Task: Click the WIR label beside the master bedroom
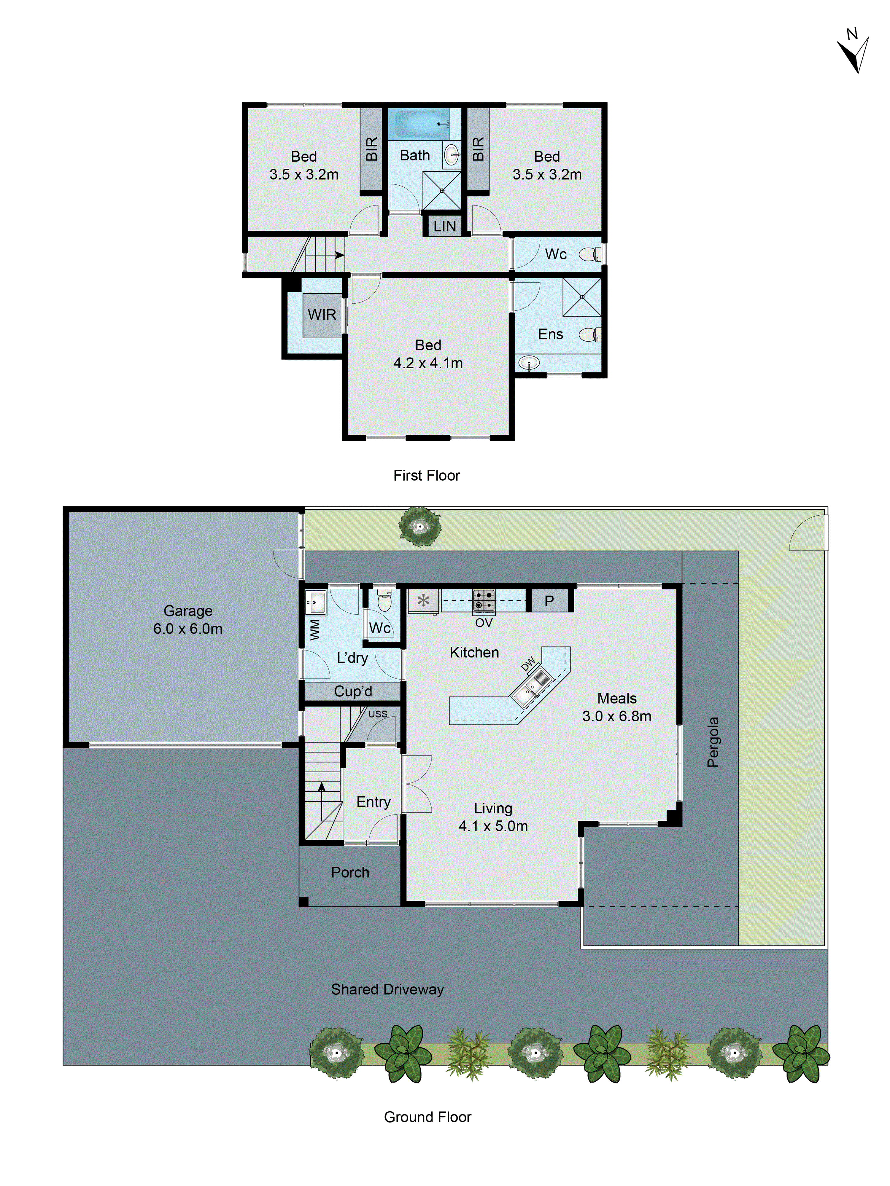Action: point(322,315)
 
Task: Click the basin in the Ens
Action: point(529,363)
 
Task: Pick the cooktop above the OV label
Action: point(483,600)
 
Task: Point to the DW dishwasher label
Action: point(528,664)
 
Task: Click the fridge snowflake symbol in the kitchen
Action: point(423,600)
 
